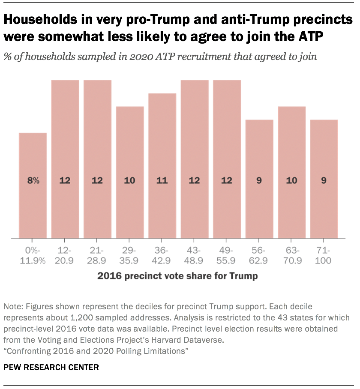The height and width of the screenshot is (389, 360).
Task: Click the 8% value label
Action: pyautogui.click(x=33, y=180)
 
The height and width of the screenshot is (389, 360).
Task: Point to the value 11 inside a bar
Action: pyautogui.click(x=162, y=180)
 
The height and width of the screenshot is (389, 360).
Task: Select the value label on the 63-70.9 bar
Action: pyautogui.click(x=291, y=180)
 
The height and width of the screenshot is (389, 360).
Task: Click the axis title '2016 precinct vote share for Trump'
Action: pyautogui.click(x=177, y=276)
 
